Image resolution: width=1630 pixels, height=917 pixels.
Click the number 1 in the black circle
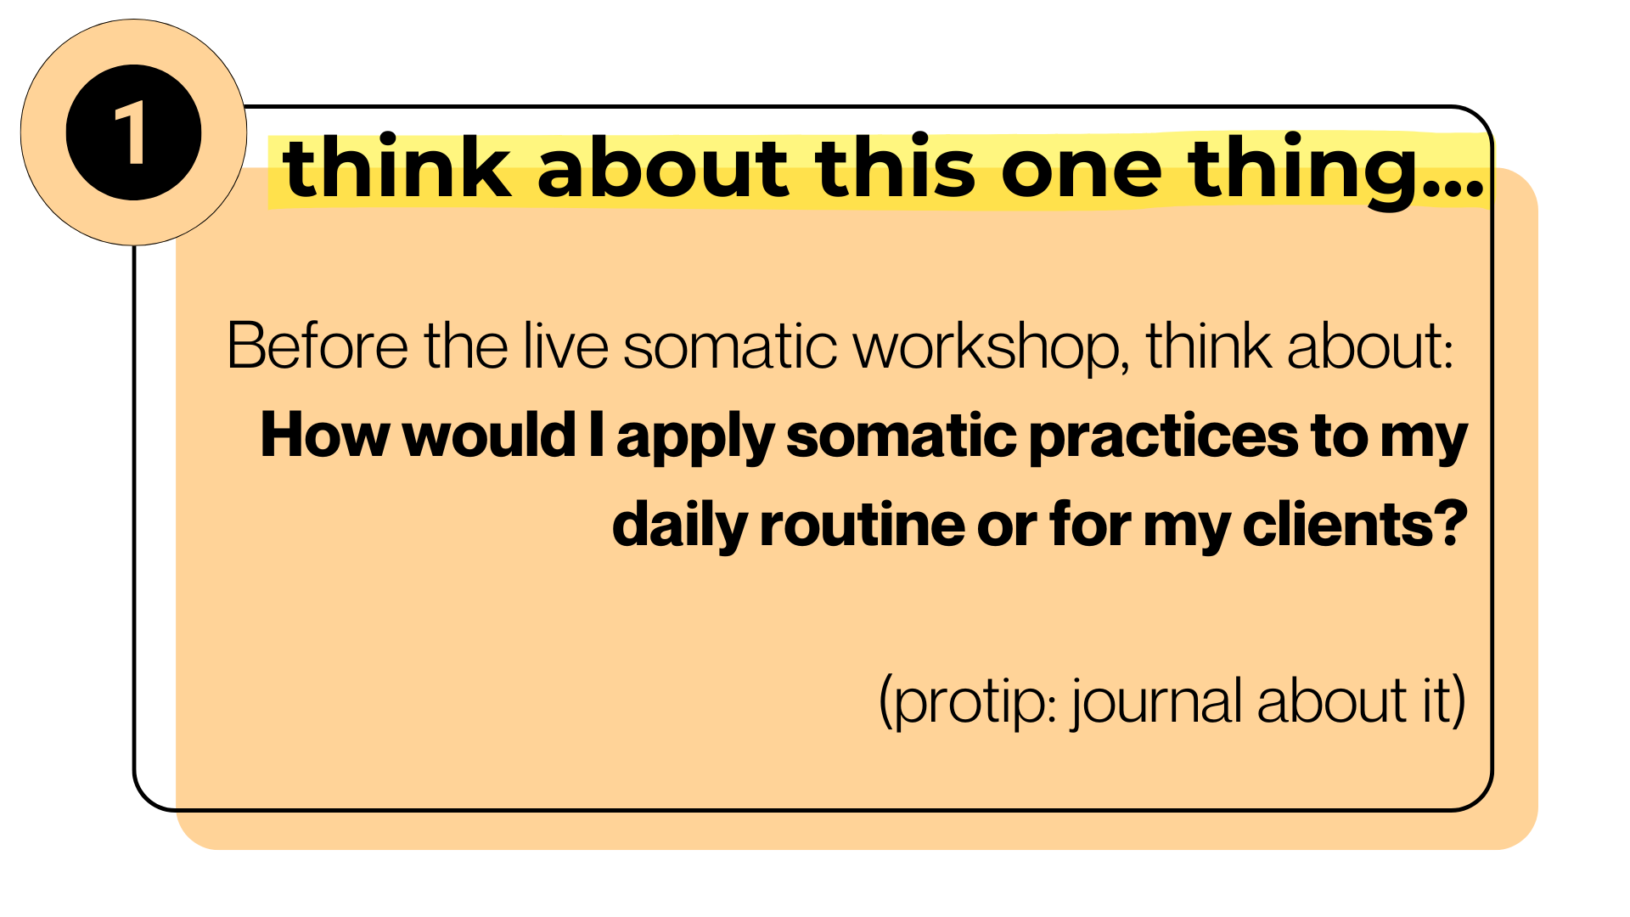[132, 132]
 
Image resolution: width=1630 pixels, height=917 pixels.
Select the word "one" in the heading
[1082, 174]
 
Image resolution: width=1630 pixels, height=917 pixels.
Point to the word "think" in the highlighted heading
[396, 167]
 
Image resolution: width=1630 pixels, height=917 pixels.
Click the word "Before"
[318, 346]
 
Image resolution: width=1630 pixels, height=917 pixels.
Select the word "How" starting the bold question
[323, 435]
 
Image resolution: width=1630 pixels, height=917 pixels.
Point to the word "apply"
[695, 438]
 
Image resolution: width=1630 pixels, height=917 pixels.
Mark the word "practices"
[1164, 438]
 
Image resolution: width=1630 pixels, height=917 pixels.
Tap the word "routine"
[862, 524]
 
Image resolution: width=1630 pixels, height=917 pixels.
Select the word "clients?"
[1355, 523]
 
